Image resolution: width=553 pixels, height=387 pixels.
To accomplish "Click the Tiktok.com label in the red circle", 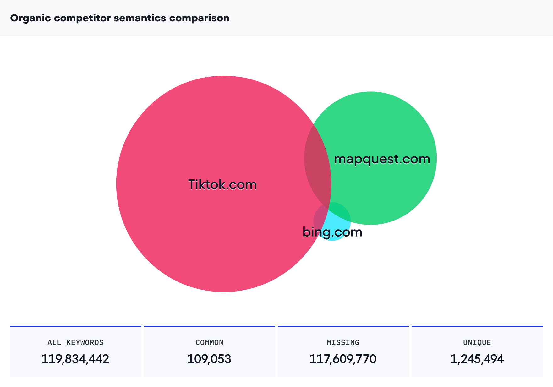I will tap(222, 185).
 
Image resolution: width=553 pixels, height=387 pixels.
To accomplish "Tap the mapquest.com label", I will tap(382, 159).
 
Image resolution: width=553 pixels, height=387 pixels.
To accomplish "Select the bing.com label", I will tap(332, 232).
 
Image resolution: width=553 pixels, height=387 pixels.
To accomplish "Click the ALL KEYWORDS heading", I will tap(75, 342).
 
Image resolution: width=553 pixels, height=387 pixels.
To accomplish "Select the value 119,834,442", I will tap(75, 359).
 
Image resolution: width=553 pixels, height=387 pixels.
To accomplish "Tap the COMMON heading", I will tap(209, 342).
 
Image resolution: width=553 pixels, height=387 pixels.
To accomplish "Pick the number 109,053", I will tap(209, 359).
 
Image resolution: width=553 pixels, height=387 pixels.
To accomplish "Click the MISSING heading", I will tap(343, 342).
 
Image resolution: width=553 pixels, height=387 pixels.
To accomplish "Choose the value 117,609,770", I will tap(343, 359).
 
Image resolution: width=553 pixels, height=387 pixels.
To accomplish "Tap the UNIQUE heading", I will tap(477, 342).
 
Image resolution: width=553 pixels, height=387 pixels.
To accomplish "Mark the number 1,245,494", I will tap(477, 359).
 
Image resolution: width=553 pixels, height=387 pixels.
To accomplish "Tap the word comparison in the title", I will tap(199, 18).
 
